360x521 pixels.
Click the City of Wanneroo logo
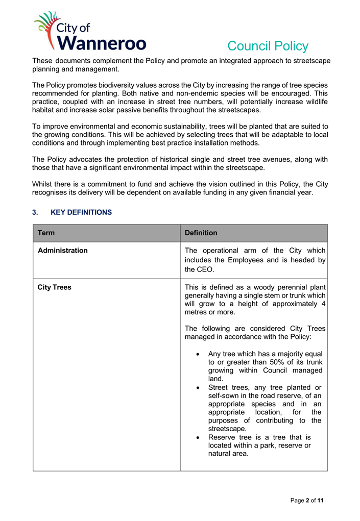click(90, 32)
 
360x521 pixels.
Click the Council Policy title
click(268, 46)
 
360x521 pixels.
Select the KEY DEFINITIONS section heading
click(81, 212)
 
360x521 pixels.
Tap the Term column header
click(46, 233)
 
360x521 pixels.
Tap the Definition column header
click(201, 233)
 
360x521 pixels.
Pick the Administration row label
click(62, 251)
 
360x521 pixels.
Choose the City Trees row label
click(54, 287)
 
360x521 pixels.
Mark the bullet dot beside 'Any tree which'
click(198, 354)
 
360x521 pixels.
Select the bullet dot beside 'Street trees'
click(198, 387)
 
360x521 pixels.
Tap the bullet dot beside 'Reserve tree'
click(198, 437)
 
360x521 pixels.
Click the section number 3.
click(34, 212)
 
